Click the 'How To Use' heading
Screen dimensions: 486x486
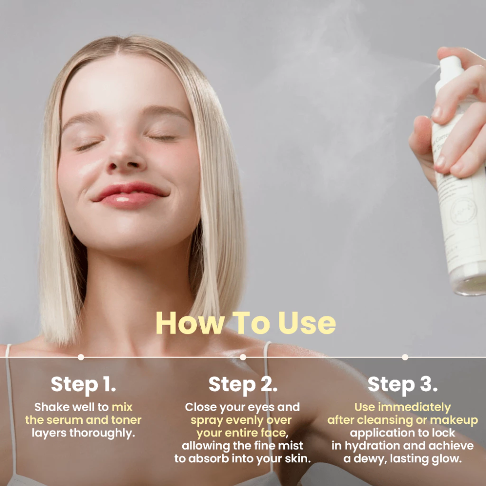[246, 323]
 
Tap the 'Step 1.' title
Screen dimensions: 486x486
[84, 384]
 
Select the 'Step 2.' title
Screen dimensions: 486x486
[243, 384]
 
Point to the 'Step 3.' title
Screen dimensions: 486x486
[402, 384]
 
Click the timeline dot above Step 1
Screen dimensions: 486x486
[81, 357]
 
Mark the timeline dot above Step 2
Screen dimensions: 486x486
[243, 357]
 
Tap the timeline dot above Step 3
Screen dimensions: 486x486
[405, 357]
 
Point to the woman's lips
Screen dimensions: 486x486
[130, 195]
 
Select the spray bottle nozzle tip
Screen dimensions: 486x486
[439, 66]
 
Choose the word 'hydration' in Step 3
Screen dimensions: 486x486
[373, 446]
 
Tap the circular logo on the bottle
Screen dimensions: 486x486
[463, 211]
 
